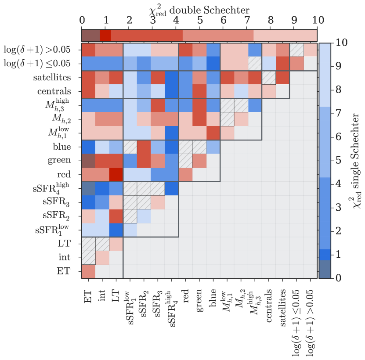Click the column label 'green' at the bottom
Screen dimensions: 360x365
199,299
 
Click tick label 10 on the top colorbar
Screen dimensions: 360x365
317,20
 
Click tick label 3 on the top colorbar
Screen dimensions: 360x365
152,20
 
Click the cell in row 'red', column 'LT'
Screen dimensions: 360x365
116,175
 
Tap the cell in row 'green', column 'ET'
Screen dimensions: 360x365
88,161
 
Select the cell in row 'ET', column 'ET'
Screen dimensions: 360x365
88,271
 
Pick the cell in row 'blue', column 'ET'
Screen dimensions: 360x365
88,147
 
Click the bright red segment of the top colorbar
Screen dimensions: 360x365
105,35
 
